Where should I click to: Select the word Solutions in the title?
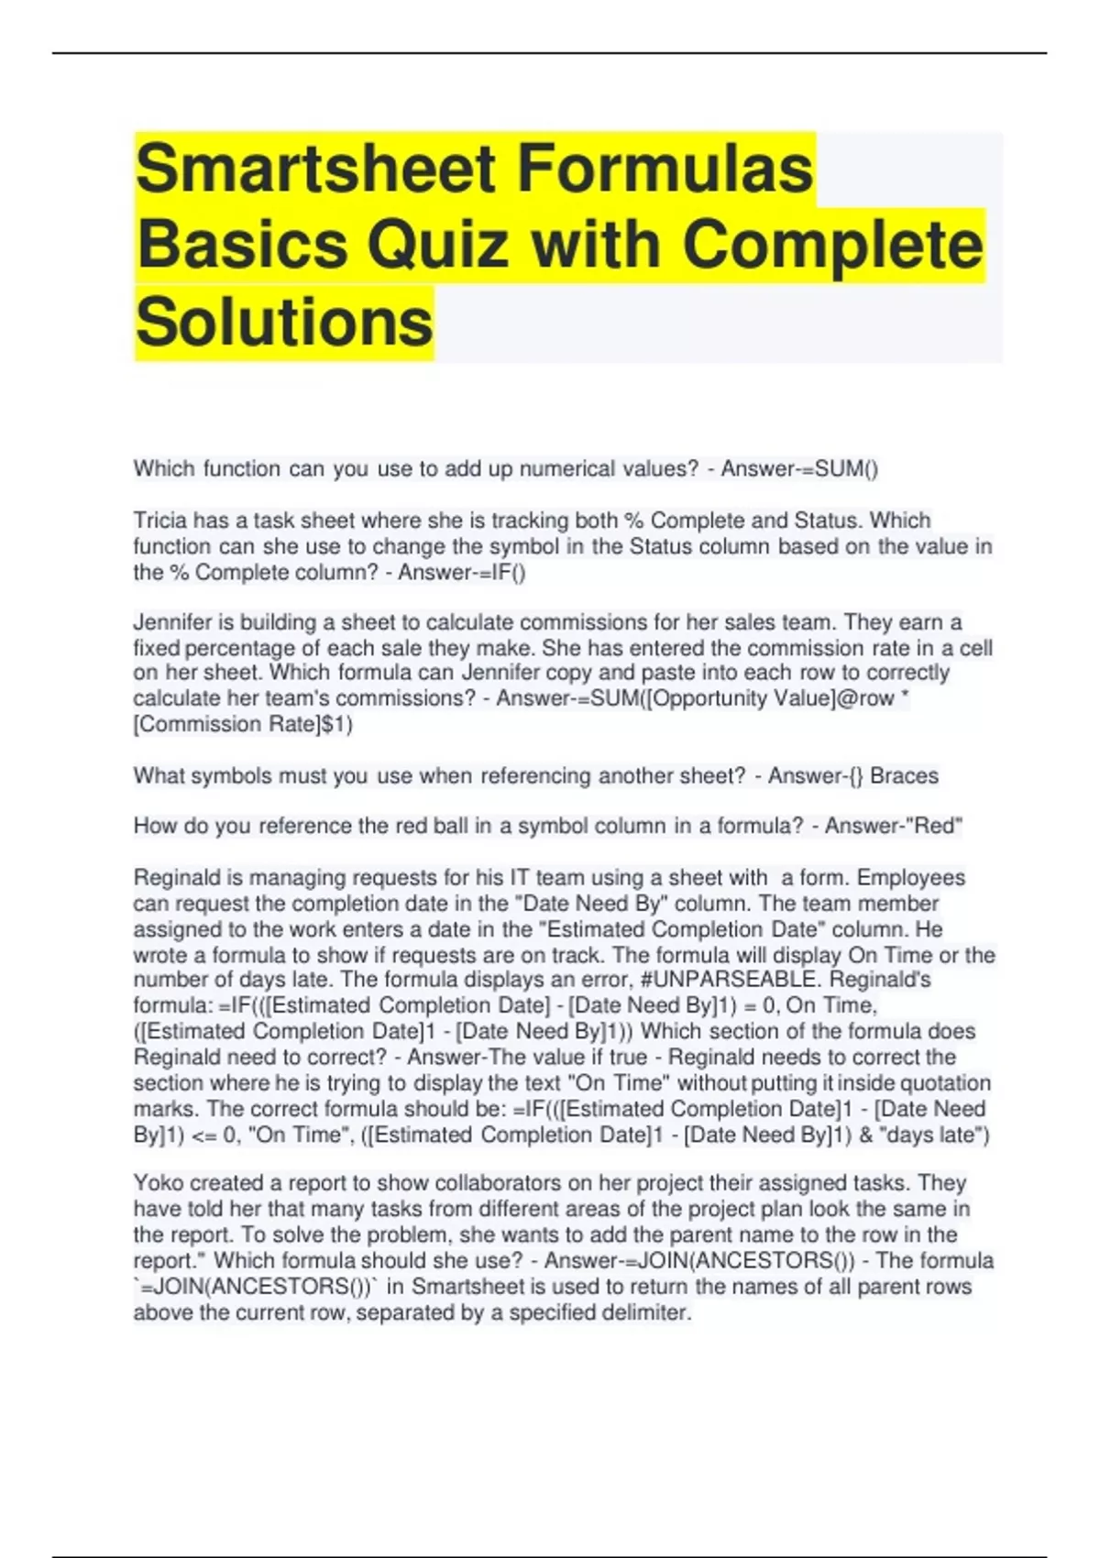tap(284, 322)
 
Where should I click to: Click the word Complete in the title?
tap(831, 246)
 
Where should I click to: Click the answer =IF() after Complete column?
tap(494, 573)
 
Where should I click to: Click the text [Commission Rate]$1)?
tap(243, 725)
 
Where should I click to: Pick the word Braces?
tap(904, 776)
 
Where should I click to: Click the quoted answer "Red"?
tap(933, 827)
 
